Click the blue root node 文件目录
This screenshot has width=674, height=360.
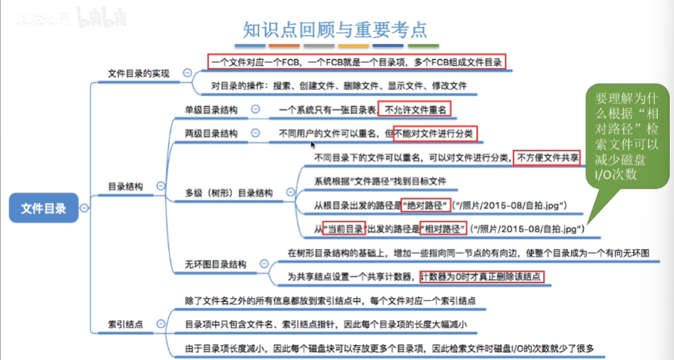pyautogui.click(x=43, y=208)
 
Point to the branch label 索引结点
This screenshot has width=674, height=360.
pyautogui.click(x=125, y=324)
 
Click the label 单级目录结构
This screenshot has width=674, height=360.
pyautogui.click(x=210, y=110)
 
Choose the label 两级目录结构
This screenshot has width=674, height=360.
pyautogui.click(x=210, y=134)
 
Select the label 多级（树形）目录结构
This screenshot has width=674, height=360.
pyautogui.click(x=229, y=192)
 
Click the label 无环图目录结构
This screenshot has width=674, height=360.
pyautogui.click(x=215, y=264)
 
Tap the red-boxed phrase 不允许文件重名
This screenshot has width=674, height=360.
pyautogui.click(x=414, y=110)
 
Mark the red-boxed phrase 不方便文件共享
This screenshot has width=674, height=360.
pyautogui.click(x=548, y=157)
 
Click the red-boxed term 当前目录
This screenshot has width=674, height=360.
pyautogui.click(x=344, y=229)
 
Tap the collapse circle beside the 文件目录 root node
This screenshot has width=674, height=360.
pyautogui.click(x=85, y=208)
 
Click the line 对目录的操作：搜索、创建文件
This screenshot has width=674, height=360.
pyautogui.click(x=339, y=86)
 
